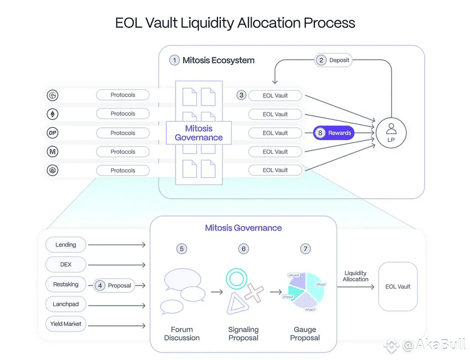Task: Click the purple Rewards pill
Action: [334, 133]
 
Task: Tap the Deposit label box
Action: [334, 60]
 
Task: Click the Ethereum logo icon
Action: [52, 114]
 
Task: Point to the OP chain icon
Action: [52, 133]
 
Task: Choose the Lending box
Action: [66, 245]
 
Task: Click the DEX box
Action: [66, 264]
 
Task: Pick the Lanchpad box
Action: [66, 304]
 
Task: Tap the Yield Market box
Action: [66, 324]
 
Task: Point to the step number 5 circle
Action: [182, 249]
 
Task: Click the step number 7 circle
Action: [305, 249]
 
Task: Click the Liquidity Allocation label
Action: [355, 277]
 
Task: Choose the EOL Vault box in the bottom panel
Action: [397, 287]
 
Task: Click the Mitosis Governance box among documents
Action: [199, 133]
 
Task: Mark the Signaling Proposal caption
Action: [244, 334]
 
